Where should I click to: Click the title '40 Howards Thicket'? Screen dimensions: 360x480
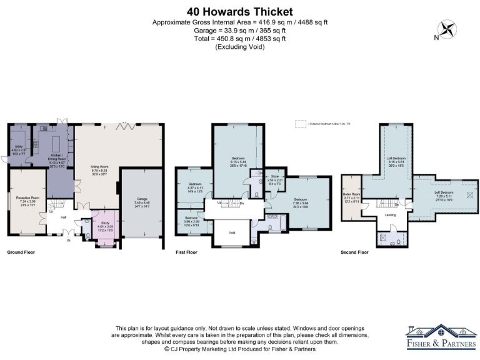pos(240,12)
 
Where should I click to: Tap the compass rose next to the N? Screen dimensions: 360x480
pos(448,29)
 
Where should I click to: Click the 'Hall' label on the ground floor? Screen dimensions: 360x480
pos(64,218)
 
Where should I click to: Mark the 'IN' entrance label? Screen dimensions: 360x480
pos(69,239)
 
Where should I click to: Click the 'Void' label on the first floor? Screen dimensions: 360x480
pos(232,232)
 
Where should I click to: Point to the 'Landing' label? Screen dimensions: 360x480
pos(390,216)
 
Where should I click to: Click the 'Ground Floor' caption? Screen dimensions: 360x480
pos(21,252)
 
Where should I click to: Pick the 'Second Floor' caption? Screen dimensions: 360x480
pos(354,252)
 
